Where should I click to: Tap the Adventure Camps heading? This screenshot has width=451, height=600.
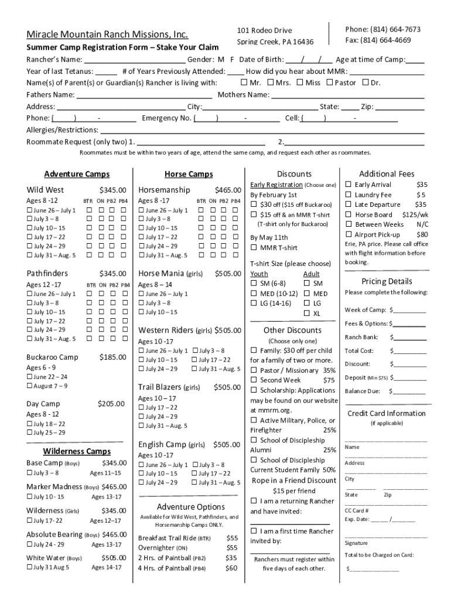click(x=77, y=174)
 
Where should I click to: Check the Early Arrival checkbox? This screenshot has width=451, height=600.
click(x=348, y=185)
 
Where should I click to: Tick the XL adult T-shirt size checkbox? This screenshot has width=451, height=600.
click(x=307, y=313)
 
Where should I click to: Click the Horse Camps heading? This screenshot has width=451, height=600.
click(x=189, y=174)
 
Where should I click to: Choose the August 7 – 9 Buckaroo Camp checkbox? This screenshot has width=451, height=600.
click(x=30, y=386)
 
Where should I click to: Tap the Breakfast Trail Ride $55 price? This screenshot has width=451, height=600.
click(x=232, y=538)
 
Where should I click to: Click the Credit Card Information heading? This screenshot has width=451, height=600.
click(x=387, y=413)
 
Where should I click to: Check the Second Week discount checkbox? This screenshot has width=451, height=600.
click(x=254, y=380)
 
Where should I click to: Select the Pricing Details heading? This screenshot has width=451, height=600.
click(x=387, y=281)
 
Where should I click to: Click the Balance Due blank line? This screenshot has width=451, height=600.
click(x=408, y=391)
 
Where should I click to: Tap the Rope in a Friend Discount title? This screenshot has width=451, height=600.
click(x=294, y=480)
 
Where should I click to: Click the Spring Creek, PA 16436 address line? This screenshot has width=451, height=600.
click(x=275, y=42)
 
